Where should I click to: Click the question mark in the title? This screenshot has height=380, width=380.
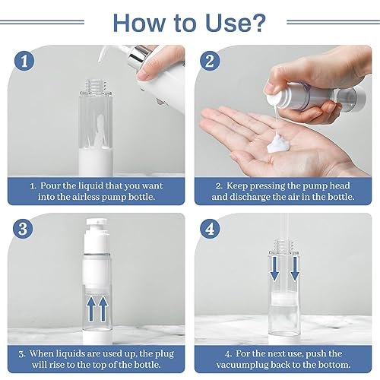point(258,21)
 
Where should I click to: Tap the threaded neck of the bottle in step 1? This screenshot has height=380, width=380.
point(90,78)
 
